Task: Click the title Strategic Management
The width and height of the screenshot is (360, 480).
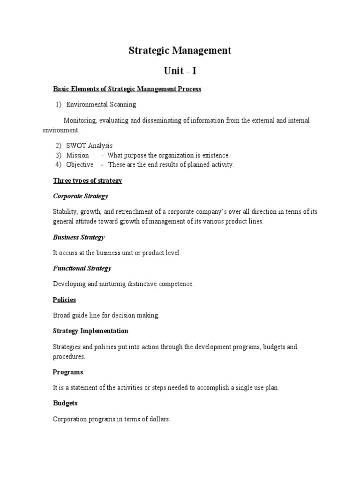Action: (x=180, y=51)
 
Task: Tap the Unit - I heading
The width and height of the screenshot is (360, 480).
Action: (x=180, y=71)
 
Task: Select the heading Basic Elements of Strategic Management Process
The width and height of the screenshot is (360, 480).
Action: (x=127, y=89)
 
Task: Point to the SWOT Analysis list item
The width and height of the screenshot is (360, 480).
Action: (x=90, y=146)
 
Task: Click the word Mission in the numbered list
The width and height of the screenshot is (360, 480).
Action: (x=77, y=155)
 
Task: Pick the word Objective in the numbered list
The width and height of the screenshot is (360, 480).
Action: (x=80, y=165)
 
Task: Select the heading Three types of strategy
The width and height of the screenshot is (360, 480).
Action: (x=88, y=180)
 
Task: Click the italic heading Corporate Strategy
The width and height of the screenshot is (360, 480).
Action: (x=81, y=196)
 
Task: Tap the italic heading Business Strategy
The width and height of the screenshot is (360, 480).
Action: (x=79, y=237)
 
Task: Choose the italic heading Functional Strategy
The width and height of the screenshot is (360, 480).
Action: (x=82, y=268)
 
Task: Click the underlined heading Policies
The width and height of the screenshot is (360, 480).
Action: (x=65, y=300)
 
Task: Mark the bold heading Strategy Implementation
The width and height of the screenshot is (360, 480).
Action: (x=90, y=331)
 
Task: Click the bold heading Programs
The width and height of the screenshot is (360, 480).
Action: (x=68, y=372)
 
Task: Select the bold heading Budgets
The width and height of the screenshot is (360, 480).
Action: (x=66, y=403)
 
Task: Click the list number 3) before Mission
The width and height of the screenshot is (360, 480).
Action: (x=59, y=155)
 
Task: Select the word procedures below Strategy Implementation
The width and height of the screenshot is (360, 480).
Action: (x=69, y=357)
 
